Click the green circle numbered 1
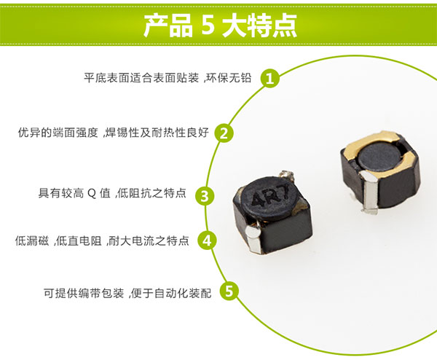[270, 78]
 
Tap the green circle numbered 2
[225, 133]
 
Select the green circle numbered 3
[205, 195]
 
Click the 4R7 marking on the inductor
[263, 197]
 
